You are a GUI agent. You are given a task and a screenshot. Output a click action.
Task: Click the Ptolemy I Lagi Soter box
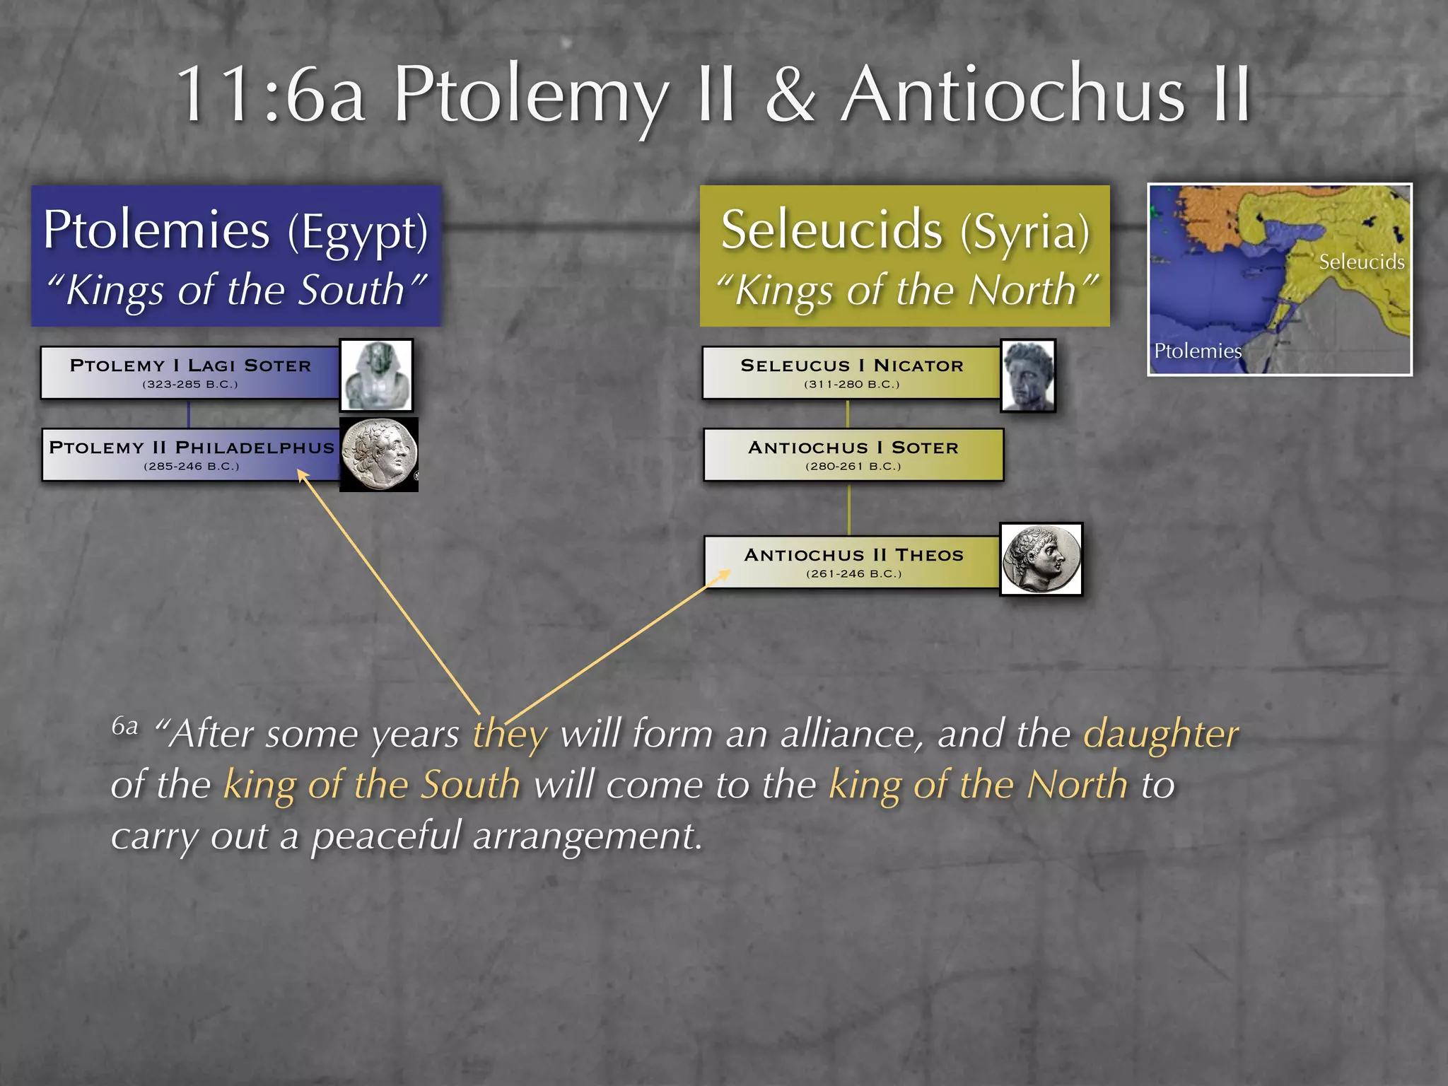tap(189, 373)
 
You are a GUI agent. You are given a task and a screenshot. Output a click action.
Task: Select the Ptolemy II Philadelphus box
tap(191, 455)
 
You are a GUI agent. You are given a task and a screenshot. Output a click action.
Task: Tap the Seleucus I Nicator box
tap(851, 373)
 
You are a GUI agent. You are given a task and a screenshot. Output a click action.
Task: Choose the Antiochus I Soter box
tap(853, 455)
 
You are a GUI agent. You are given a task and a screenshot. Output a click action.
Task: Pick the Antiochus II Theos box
tap(853, 562)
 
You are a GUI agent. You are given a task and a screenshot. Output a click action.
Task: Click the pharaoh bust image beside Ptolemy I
tap(377, 375)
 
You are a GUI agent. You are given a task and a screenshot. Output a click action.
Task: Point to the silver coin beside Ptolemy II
tap(379, 455)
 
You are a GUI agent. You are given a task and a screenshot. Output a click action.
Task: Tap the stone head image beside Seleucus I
tap(1029, 375)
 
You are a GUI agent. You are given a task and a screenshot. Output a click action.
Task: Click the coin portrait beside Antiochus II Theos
tap(1041, 559)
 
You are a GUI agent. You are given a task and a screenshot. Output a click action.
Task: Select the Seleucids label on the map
tap(1361, 262)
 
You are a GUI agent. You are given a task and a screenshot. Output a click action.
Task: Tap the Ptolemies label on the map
tap(1197, 351)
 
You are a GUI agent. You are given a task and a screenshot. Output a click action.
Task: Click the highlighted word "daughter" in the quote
tap(1161, 734)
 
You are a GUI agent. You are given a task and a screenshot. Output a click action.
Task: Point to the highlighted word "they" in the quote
tap(510, 734)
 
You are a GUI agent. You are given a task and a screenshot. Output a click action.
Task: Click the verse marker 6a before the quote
tap(124, 726)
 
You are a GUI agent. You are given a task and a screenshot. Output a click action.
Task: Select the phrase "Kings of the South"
tap(236, 290)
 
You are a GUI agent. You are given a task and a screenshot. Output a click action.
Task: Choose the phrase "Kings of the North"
tap(906, 290)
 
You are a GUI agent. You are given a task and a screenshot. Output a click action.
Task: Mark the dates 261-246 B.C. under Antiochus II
tap(853, 573)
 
